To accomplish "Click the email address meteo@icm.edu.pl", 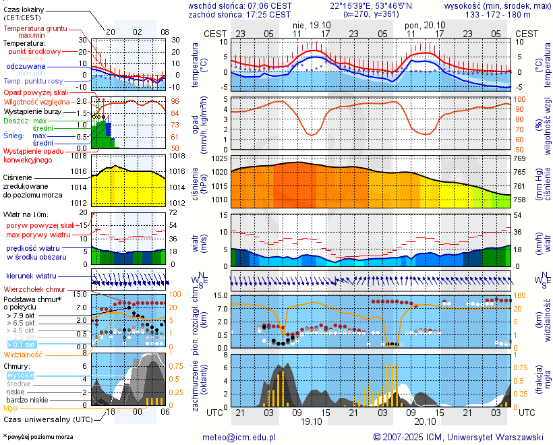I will (x=239, y=437).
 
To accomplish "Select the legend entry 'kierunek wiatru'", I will (x=30, y=276).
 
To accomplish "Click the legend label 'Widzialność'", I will (x=23, y=354).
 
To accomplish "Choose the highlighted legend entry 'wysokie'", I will (x=20, y=375).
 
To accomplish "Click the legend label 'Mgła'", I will (x=11, y=408).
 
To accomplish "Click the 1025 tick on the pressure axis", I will (x=219, y=158).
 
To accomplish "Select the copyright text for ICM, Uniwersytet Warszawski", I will (x=459, y=437).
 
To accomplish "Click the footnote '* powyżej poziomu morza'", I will (x=38, y=437).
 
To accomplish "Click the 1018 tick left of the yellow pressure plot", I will (x=79, y=156).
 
